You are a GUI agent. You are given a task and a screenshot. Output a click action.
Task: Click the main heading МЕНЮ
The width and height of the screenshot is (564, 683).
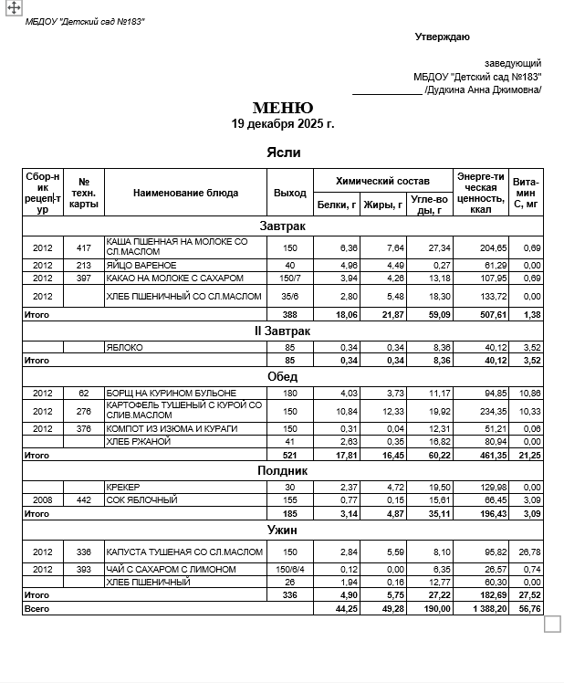click(283, 109)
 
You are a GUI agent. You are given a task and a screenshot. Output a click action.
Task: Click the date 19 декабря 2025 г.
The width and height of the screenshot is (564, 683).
click(283, 123)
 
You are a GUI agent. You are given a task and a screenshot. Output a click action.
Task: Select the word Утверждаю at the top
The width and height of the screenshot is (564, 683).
click(443, 37)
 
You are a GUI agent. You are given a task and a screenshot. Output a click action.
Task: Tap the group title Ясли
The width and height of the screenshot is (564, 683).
click(283, 152)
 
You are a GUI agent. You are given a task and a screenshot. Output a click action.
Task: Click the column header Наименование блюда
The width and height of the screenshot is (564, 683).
click(185, 193)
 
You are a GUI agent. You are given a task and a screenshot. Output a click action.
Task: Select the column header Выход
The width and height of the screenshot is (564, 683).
click(290, 193)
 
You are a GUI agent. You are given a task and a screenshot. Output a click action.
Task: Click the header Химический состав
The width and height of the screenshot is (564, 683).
click(382, 181)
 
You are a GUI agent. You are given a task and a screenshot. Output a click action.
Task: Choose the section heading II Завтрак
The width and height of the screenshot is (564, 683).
click(283, 331)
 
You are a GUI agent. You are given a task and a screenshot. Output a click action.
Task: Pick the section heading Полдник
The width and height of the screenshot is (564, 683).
click(283, 470)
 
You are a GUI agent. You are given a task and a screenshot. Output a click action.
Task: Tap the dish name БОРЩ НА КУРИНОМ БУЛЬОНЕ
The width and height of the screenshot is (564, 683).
click(171, 393)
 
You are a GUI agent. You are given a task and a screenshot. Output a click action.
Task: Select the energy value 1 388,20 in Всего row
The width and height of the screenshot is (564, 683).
click(483, 607)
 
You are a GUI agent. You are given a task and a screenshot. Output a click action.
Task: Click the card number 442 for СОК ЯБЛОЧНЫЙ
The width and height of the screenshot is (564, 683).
click(84, 500)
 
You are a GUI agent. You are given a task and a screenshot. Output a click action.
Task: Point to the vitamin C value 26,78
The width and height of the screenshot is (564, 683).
click(527, 552)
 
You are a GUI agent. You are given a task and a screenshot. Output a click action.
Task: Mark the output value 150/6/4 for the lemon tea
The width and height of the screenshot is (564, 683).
click(290, 569)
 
